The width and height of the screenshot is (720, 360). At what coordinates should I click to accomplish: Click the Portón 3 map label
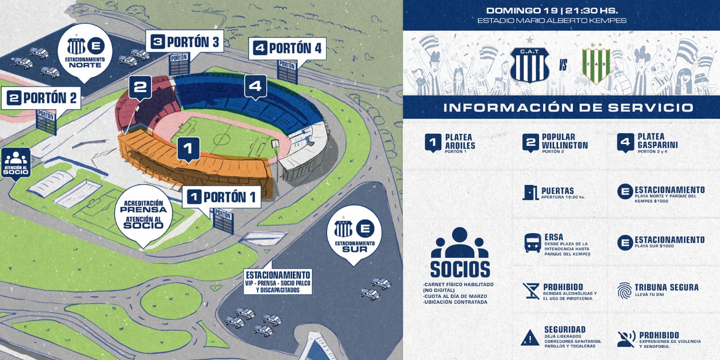(x=184, y=42)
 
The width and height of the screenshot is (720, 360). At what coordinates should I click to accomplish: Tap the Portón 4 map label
(x=288, y=48)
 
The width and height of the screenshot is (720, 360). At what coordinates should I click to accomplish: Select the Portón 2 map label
(x=41, y=98)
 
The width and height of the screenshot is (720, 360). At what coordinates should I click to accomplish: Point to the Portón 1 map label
(x=221, y=197)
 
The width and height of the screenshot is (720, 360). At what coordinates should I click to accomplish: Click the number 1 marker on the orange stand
(x=189, y=149)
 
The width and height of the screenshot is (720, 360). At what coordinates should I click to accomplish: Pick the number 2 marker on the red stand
(x=140, y=87)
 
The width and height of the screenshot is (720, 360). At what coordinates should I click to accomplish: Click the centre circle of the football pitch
(x=221, y=140)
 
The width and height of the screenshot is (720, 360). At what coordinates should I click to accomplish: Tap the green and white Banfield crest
(x=596, y=64)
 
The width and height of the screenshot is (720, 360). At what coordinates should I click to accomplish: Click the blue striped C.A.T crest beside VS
(x=530, y=64)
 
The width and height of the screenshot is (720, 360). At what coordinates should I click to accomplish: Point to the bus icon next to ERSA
(x=533, y=243)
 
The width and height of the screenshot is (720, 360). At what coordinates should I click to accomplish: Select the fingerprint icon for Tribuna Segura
(x=625, y=291)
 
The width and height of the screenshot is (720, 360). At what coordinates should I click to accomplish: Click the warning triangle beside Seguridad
(x=530, y=337)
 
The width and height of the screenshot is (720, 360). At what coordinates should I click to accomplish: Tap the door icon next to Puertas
(x=531, y=193)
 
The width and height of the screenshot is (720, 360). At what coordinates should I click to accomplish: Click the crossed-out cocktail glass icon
(x=531, y=291)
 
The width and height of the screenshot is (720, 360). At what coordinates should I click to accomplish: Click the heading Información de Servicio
(x=568, y=108)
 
